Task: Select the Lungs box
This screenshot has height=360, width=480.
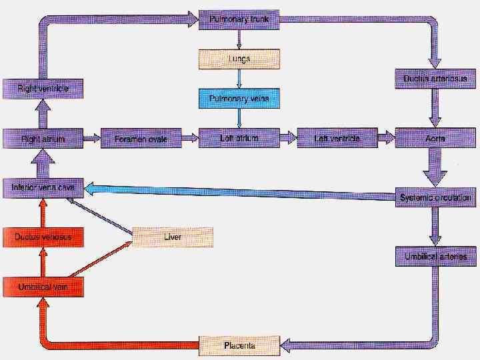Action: (239, 59)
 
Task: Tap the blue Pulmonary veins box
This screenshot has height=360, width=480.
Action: (239, 99)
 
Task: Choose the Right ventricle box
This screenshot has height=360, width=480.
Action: (43, 89)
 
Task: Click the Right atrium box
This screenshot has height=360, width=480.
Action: (43, 139)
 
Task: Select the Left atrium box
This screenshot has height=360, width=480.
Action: (239, 138)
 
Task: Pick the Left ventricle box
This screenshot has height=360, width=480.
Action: (337, 139)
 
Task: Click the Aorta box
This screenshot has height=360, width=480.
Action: (435, 139)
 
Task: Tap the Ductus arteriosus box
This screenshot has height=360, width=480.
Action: (435, 79)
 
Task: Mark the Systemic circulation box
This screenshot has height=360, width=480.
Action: (435, 198)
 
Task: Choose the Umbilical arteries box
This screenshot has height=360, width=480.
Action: (435, 256)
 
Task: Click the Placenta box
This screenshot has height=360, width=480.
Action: (239, 345)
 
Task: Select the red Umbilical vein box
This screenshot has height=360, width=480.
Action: (43, 287)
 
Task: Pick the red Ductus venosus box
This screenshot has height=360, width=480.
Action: (43, 237)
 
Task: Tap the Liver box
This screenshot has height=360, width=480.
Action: (173, 237)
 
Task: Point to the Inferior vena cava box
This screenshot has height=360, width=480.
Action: (43, 188)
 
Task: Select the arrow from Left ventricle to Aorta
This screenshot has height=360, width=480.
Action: (386, 139)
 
